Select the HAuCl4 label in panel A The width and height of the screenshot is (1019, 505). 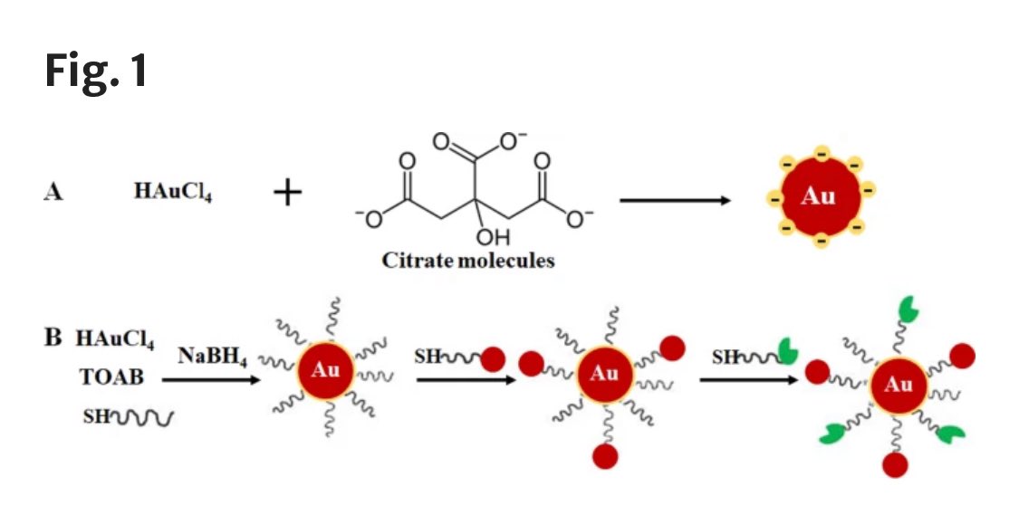[174, 193]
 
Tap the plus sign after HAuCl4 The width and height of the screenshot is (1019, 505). [287, 193]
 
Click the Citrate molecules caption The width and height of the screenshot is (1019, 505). [467, 262]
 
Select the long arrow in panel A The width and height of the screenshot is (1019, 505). [675, 199]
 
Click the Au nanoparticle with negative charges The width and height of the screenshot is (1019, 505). [818, 196]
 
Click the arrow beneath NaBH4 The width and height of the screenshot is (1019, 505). [213, 380]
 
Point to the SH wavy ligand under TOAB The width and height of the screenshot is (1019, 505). [126, 417]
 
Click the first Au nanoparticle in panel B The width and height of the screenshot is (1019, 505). [326, 371]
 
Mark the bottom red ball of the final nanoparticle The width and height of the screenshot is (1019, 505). [895, 466]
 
